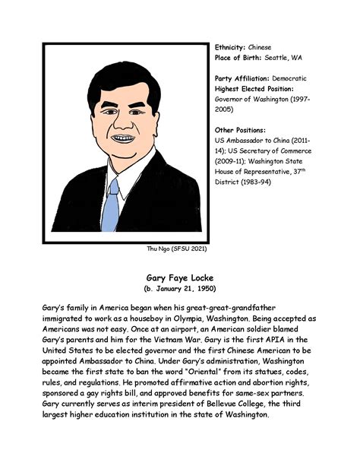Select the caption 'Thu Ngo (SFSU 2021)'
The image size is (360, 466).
click(x=176, y=248)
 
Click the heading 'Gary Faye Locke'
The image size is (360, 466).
click(x=180, y=278)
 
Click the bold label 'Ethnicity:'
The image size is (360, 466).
click(x=231, y=47)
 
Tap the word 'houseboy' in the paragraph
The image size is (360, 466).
click(x=162, y=322)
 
